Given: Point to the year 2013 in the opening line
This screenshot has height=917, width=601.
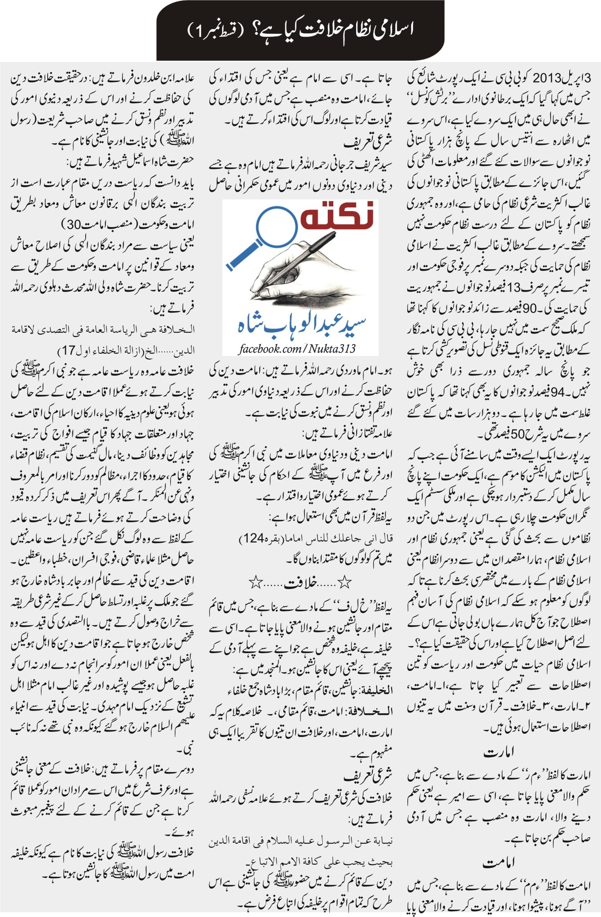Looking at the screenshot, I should pyautogui.click(x=546, y=77).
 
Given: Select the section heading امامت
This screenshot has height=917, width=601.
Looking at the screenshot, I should pyautogui.click(x=499, y=862).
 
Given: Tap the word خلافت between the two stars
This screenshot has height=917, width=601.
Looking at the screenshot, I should pyautogui.click(x=301, y=583).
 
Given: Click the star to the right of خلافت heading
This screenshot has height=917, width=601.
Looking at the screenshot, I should pyautogui.click(x=345, y=583).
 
